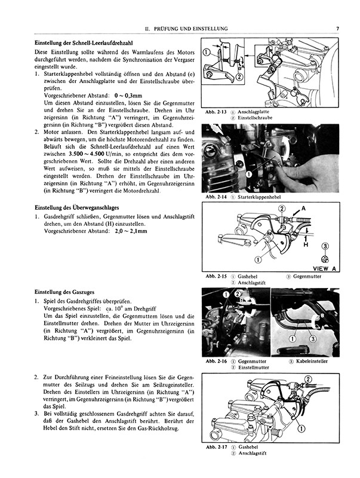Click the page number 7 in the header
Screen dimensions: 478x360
pos(337,28)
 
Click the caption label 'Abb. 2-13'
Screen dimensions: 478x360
pos(214,112)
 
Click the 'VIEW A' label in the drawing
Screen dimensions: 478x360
pos(324,268)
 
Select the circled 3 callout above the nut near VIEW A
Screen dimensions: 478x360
pos(325,246)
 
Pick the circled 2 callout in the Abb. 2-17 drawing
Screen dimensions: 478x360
pos(308,379)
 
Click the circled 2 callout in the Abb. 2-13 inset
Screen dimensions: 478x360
pos(239,76)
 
